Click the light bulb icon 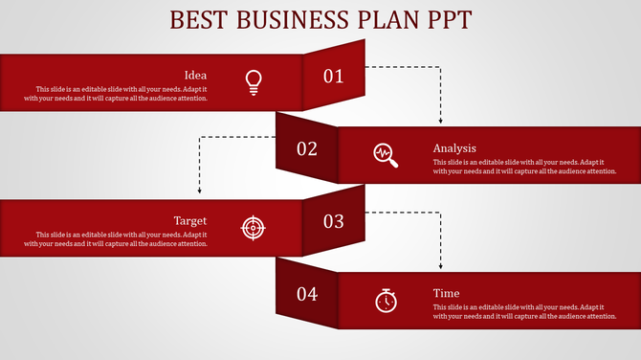pos(253,81)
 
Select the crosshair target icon pos(253,227)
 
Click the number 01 pos(333,77)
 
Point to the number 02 pos(306,148)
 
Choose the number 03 pos(333,221)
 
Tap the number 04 pos(306,294)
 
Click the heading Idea pos(195,75)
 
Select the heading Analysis pos(454,148)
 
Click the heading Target pos(190,220)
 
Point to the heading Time pos(446,293)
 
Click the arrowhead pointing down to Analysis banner pos(440,122)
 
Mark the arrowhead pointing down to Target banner pos(199,192)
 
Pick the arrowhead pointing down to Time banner pos(440,265)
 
